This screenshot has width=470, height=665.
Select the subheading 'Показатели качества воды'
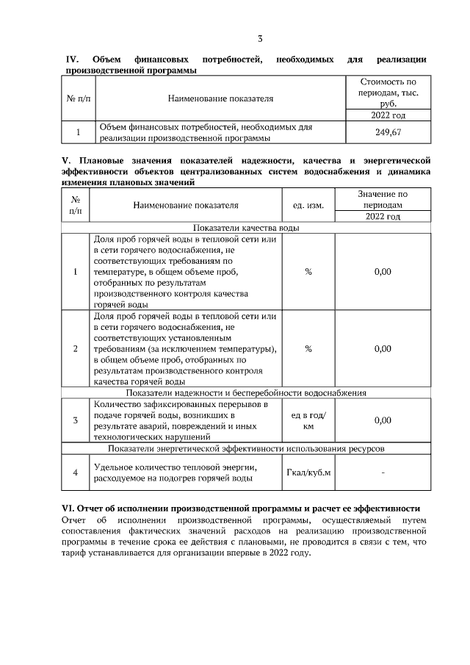(246, 229)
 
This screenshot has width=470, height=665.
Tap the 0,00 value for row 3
(383, 420)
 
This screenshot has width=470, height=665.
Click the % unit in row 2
(308, 348)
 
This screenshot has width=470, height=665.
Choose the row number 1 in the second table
(76, 272)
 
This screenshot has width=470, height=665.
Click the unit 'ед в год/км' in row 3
(308, 420)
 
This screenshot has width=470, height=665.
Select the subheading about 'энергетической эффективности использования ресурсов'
(246, 447)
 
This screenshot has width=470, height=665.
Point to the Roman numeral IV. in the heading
(73, 59)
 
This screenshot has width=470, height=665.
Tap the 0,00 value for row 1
(383, 272)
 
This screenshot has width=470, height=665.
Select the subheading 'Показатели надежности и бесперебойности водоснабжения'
(246, 392)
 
